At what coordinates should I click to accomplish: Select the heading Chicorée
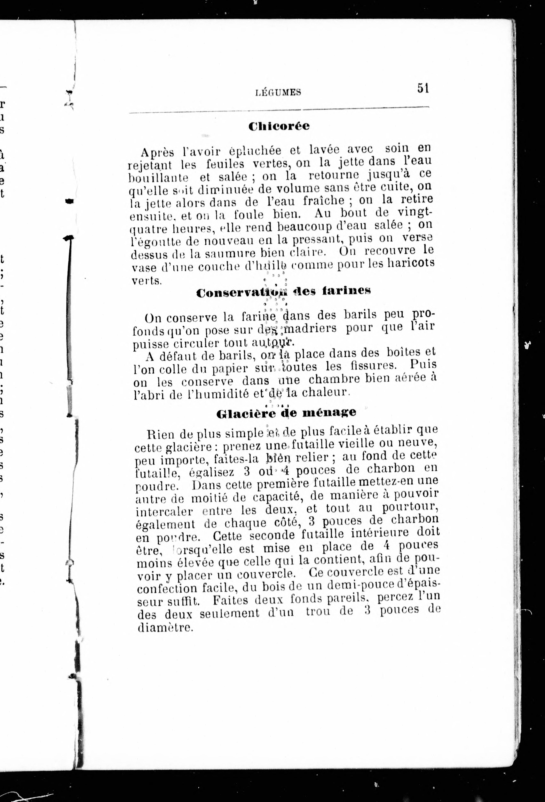click(x=279, y=126)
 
